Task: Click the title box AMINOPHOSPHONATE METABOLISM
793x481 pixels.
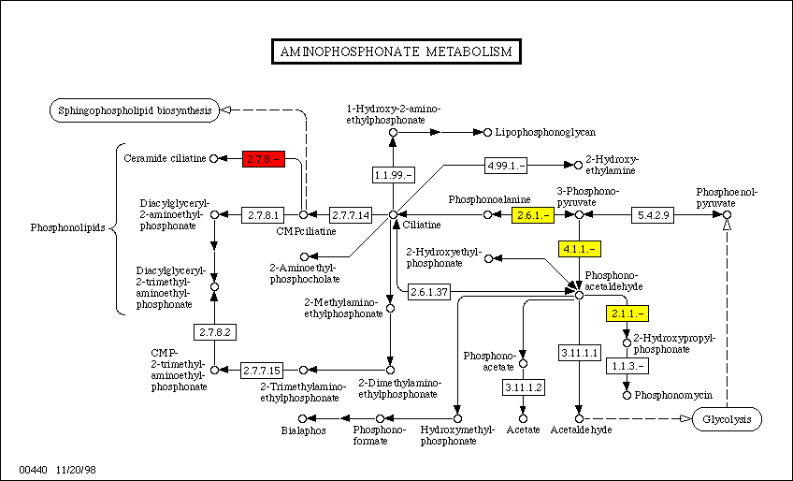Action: [396, 51]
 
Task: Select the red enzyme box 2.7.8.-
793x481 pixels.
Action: [263, 158]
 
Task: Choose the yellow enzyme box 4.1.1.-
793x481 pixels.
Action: [580, 248]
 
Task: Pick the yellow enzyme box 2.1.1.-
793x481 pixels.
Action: [627, 313]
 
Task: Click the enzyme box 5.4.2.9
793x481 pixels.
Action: [654, 214]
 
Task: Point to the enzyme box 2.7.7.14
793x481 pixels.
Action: [351, 214]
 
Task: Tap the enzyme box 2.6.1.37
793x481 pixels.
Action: [428, 293]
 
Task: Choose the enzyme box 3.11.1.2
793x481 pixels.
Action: [523, 386]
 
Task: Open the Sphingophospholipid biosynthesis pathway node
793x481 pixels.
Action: [135, 109]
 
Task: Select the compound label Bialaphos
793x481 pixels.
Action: [303, 430]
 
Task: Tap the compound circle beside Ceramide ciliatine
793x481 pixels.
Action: [214, 158]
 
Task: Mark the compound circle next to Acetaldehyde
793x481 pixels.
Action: [579, 418]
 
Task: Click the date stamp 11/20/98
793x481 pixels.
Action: [76, 465]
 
